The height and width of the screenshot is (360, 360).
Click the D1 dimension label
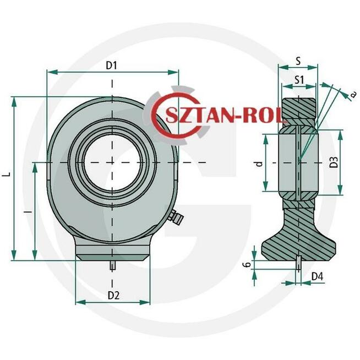pyautogui.click(x=112, y=66)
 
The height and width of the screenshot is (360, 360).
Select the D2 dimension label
pyautogui.click(x=113, y=296)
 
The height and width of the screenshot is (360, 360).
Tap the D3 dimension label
pyautogui.click(x=334, y=162)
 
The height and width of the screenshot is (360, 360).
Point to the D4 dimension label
pyautogui.click(x=317, y=277)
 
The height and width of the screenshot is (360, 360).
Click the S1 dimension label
pyautogui.click(x=299, y=80)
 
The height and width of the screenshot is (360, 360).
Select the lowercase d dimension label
pyautogui.click(x=259, y=163)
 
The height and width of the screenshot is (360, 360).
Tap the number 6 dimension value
pyautogui.click(x=247, y=265)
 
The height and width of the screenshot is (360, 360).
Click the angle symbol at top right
pyautogui.click(x=353, y=94)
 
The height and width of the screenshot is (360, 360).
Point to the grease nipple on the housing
pyautogui.click(x=176, y=217)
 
